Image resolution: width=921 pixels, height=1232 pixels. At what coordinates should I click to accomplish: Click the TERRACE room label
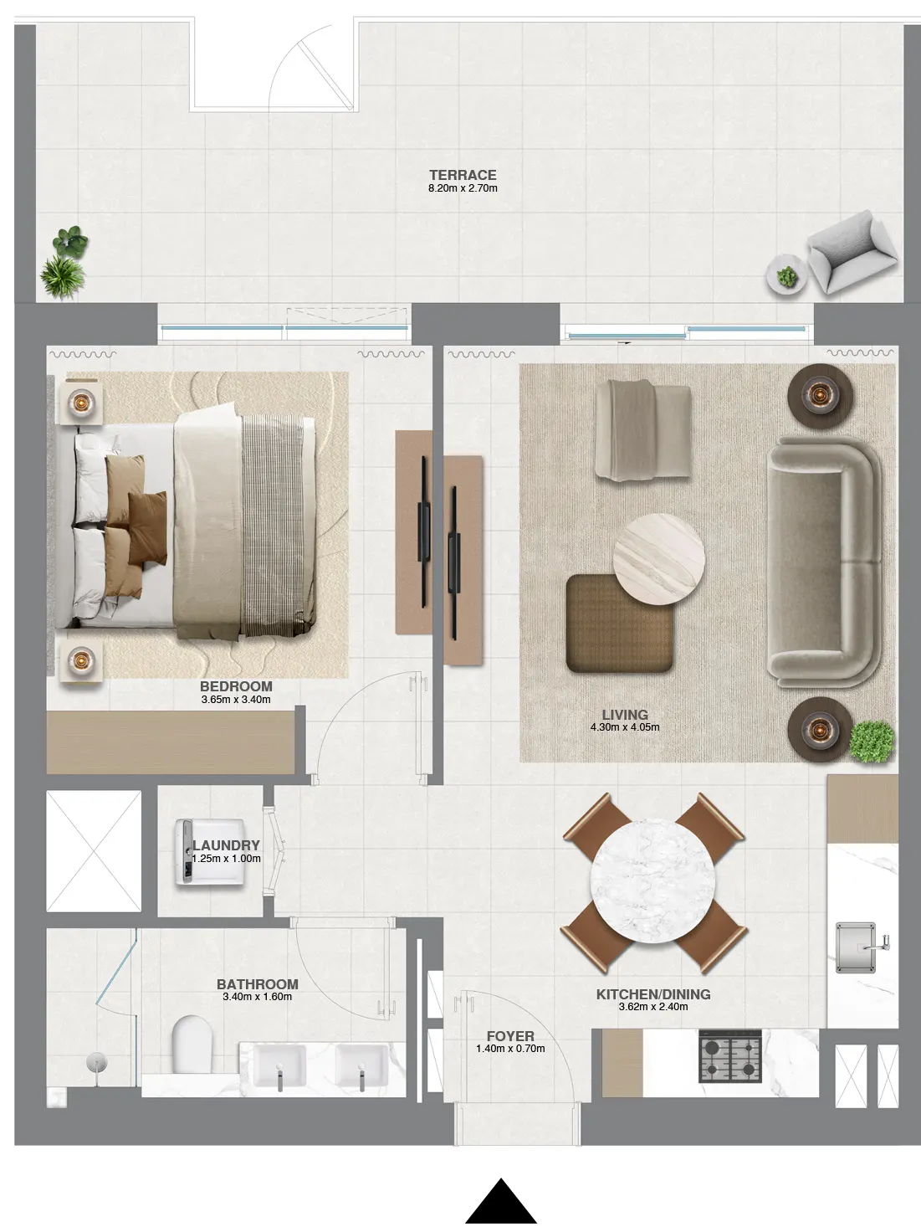click(x=463, y=175)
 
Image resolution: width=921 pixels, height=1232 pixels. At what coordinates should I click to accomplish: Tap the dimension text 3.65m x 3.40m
click(x=236, y=700)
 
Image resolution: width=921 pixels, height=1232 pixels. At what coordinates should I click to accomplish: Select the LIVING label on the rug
click(x=625, y=715)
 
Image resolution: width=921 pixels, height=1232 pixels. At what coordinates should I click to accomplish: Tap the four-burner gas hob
click(x=729, y=1056)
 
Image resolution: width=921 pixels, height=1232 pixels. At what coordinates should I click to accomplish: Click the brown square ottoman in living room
click(x=619, y=622)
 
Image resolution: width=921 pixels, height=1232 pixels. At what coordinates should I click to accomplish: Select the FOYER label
click(x=509, y=1036)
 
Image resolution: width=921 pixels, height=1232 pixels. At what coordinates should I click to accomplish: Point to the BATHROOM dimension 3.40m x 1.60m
click(x=257, y=997)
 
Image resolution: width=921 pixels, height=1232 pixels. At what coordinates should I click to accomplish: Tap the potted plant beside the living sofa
click(x=872, y=741)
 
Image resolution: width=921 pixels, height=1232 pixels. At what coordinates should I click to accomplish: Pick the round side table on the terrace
click(x=786, y=273)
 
